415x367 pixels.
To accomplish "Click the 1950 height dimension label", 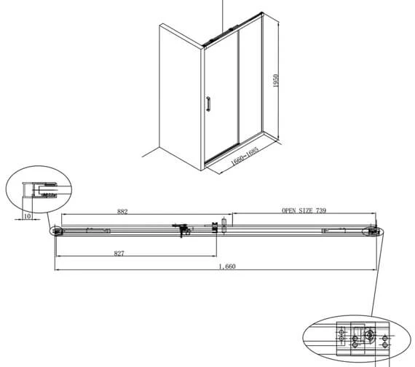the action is point(276,81).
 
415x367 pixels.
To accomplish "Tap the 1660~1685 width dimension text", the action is point(245,156).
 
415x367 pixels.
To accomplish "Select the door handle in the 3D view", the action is point(208,104).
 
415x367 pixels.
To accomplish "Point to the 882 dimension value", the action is point(122,211).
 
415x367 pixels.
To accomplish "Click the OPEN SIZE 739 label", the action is point(304,210).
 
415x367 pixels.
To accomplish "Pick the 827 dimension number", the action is point(119,253).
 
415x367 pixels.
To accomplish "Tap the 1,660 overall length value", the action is point(227,266).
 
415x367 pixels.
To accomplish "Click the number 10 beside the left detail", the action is point(27,216).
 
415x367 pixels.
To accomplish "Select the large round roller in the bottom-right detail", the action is point(369,335).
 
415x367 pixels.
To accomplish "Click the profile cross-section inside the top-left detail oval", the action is point(40,190).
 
